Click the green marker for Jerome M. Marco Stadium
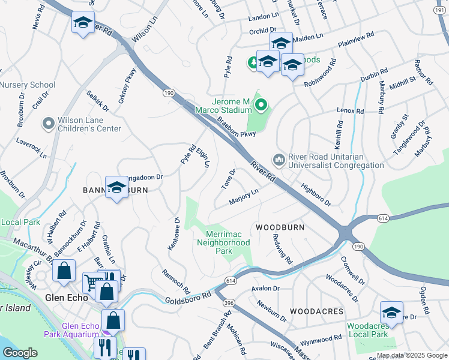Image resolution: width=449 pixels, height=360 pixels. [261, 106]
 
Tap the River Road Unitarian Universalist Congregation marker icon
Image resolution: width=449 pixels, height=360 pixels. [278, 160]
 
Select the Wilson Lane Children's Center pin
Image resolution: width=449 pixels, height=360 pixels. [48, 124]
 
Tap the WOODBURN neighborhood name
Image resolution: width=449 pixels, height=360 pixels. [280, 228]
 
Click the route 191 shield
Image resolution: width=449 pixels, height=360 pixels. [440, 10]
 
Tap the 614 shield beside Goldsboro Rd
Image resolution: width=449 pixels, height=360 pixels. [230, 280]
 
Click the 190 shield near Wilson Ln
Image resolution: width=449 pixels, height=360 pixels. [169, 92]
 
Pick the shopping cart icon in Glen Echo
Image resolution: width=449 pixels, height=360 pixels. [92, 281]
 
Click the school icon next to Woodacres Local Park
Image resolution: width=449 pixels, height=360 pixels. [391, 313]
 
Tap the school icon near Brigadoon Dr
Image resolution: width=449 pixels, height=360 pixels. [116, 187]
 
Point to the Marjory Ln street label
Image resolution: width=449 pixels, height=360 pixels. [243, 196]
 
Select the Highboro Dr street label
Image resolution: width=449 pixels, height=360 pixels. [316, 194]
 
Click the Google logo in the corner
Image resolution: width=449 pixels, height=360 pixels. [20, 353]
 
